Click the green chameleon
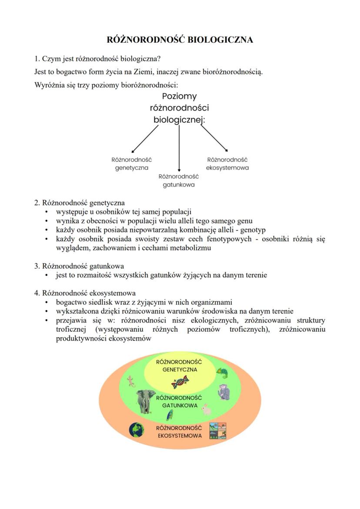click(x=222, y=373)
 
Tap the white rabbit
click(x=207, y=409)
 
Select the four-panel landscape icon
click(x=218, y=431)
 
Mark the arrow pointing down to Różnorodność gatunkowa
click(x=179, y=148)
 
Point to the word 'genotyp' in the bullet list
click(x=253, y=230)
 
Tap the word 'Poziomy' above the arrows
click(x=179, y=96)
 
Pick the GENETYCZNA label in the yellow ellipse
click(x=180, y=369)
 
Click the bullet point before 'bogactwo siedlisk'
click(x=47, y=302)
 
